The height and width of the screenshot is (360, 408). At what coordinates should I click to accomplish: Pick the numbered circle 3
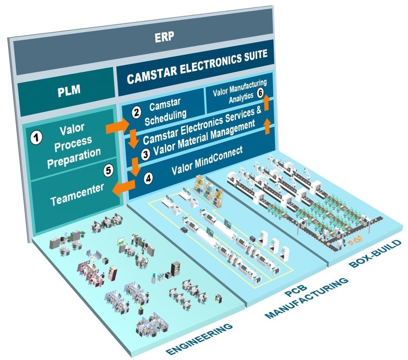(145, 155)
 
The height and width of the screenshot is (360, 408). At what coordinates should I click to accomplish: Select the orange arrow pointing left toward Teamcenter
(123, 187)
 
